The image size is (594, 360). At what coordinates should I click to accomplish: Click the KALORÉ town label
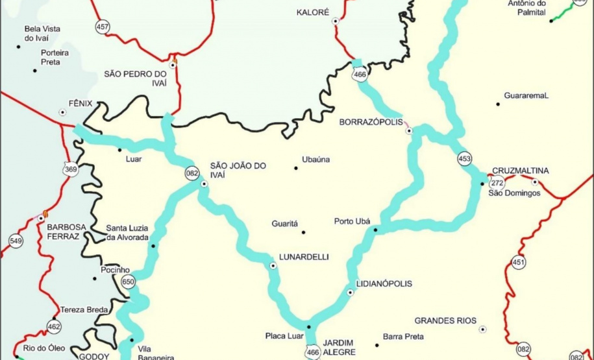313,12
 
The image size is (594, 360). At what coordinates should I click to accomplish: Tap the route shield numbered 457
102,27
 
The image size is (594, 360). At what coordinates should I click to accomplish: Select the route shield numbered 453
464,158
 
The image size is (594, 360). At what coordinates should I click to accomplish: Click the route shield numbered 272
497,183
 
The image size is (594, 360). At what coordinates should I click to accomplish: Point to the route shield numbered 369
71,169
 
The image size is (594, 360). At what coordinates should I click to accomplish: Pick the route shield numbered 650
128,282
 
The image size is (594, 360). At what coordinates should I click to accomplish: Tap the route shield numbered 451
518,262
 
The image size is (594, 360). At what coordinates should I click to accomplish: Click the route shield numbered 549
16,241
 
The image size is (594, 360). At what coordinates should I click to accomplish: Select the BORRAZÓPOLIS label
367,121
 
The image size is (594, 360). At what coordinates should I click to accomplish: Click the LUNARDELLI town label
304,257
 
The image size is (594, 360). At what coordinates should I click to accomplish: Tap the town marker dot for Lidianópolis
351,293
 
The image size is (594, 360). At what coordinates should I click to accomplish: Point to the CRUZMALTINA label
520,171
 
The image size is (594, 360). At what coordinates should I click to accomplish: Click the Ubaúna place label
316,160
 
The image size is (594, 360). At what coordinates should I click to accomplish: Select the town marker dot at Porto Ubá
375,230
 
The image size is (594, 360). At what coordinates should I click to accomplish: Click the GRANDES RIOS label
445,320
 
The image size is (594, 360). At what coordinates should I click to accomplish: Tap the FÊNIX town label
80,103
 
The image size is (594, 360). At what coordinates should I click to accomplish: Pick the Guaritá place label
284,224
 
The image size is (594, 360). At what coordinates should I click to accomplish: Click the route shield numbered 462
54,326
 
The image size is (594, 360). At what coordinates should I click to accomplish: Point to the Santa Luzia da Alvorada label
127,232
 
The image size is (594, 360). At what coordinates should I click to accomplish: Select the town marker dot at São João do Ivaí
204,184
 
